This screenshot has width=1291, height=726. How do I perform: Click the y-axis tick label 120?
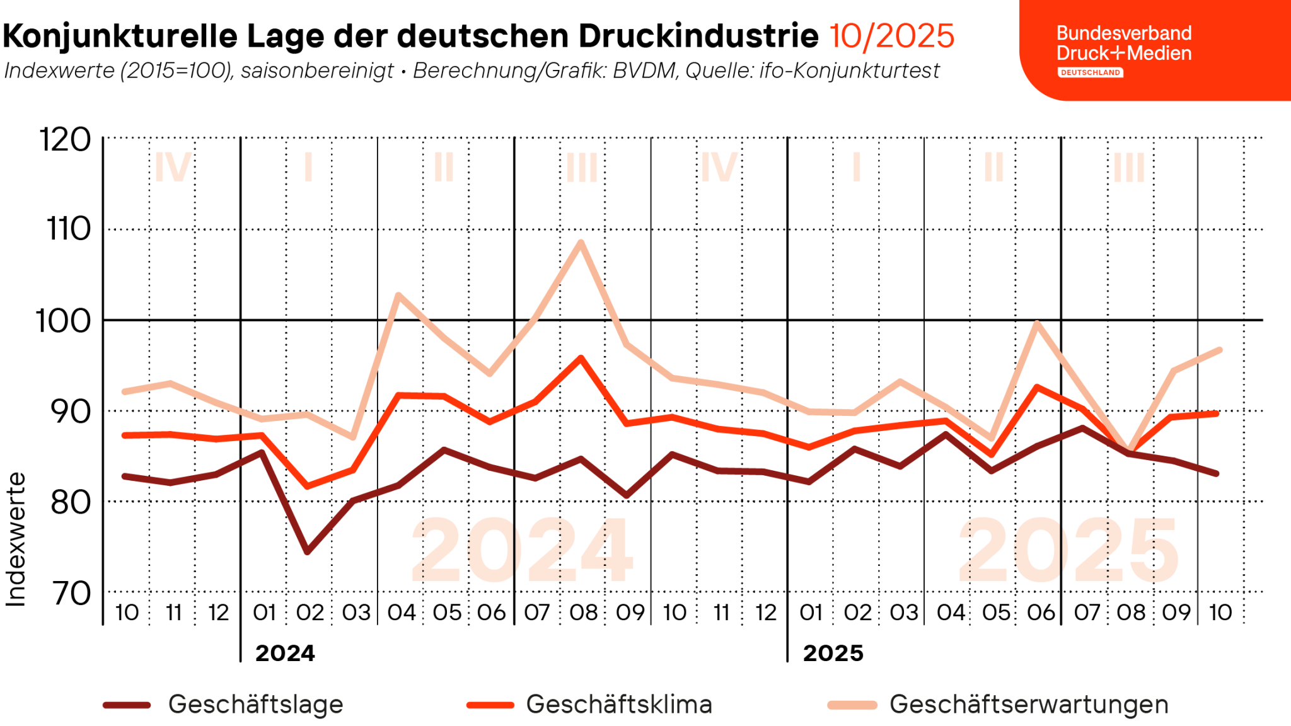(x=66, y=139)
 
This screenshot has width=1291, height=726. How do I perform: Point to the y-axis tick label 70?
(x=71, y=593)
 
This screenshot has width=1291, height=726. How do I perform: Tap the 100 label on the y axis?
(x=63, y=321)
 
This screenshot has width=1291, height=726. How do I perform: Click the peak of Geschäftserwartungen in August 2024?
(x=581, y=243)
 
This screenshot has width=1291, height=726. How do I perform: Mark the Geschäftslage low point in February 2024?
(x=307, y=552)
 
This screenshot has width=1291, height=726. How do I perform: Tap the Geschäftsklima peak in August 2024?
(x=581, y=358)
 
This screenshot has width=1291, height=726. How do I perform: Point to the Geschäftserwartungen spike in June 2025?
(x=1037, y=323)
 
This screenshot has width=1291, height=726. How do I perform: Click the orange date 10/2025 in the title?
(x=891, y=36)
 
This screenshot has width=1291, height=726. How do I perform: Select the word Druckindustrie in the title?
(x=698, y=36)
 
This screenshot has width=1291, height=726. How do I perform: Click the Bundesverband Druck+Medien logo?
(x=1123, y=49)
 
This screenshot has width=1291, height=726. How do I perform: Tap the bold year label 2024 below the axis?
(x=285, y=653)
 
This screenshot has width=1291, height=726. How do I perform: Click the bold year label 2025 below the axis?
(x=833, y=653)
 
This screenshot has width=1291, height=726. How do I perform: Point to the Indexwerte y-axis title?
(x=16, y=539)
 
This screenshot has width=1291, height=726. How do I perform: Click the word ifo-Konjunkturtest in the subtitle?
(x=849, y=71)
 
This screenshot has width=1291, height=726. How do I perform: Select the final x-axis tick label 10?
(x=1220, y=612)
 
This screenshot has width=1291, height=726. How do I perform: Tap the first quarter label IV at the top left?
(x=172, y=168)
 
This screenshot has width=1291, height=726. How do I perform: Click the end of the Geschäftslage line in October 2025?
(x=1217, y=473)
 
